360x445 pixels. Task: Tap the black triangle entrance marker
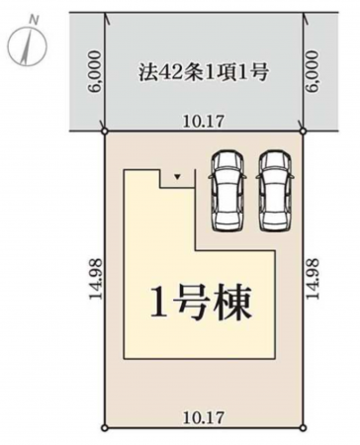pos(177,177)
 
